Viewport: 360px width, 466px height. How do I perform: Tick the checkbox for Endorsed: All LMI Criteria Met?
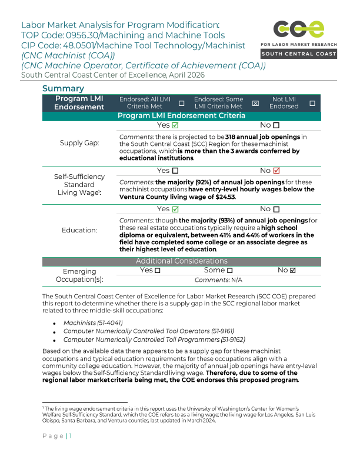click(181, 104)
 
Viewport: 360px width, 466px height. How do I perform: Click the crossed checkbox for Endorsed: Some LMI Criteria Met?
click(255, 104)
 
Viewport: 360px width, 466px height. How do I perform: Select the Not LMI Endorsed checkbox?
click(312, 104)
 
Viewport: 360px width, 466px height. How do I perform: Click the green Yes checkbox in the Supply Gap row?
click(176, 125)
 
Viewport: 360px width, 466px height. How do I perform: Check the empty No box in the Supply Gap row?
click(276, 125)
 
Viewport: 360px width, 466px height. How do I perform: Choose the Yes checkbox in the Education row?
click(176, 209)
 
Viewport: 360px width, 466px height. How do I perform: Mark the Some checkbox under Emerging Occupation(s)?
click(230, 270)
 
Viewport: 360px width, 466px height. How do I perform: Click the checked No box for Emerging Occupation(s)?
click(293, 270)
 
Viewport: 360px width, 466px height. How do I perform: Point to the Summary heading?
click(64, 88)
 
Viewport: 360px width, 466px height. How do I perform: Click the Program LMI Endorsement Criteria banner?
click(182, 116)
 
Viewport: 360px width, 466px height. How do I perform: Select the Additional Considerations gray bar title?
click(182, 261)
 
